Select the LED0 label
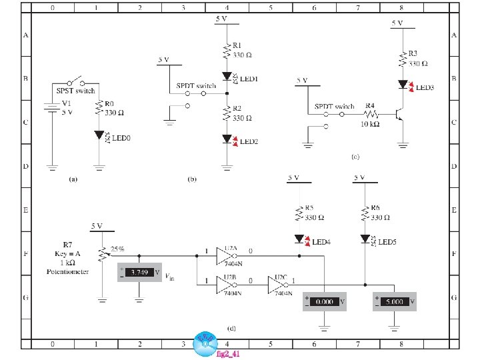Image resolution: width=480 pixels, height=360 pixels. coord(121,137)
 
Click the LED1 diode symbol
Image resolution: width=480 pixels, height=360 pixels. coord(227,77)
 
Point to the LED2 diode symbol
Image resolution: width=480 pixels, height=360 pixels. coord(227,139)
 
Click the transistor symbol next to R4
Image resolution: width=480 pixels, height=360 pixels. coord(399,114)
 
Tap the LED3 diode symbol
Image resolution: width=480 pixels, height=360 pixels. coord(403,85)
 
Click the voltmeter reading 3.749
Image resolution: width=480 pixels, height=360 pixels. coord(139,273)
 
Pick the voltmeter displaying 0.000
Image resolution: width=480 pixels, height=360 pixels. coord(323,301)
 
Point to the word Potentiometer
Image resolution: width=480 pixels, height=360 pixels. coord(67,272)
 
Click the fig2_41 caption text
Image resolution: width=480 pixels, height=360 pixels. coord(228,354)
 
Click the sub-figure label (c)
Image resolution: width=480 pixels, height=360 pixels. coord(355,157)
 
